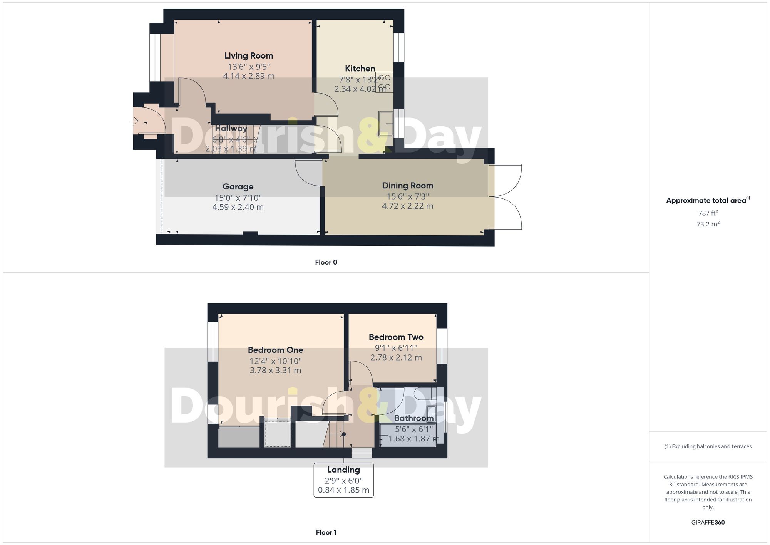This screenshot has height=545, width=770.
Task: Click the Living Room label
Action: click(x=249, y=56)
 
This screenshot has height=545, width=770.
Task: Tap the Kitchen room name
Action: click(x=360, y=69)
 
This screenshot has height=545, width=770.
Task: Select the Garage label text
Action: click(x=238, y=187)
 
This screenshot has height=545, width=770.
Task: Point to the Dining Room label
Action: click(x=408, y=186)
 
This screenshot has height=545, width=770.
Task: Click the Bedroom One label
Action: click(x=275, y=350)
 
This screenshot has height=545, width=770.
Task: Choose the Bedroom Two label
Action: click(x=396, y=337)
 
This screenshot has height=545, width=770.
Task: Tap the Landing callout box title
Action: click(x=343, y=470)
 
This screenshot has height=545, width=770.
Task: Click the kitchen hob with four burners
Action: click(x=385, y=82)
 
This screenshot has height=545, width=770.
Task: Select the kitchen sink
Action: click(x=385, y=124)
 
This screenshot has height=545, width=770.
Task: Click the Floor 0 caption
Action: click(x=326, y=262)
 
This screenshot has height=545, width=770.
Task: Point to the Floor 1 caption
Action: click(x=326, y=532)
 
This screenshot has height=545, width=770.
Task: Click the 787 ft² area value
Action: click(x=708, y=213)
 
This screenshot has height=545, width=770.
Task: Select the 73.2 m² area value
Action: click(x=708, y=224)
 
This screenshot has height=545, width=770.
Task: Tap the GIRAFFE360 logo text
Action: click(x=708, y=523)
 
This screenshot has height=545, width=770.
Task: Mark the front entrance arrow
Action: click(x=134, y=121)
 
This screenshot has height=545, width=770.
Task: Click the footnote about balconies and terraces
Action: click(x=708, y=447)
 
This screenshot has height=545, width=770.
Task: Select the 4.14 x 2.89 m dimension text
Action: click(x=249, y=76)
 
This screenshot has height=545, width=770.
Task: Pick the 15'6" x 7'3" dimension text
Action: click(x=408, y=196)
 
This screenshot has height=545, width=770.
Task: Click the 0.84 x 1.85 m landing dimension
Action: click(x=343, y=490)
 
